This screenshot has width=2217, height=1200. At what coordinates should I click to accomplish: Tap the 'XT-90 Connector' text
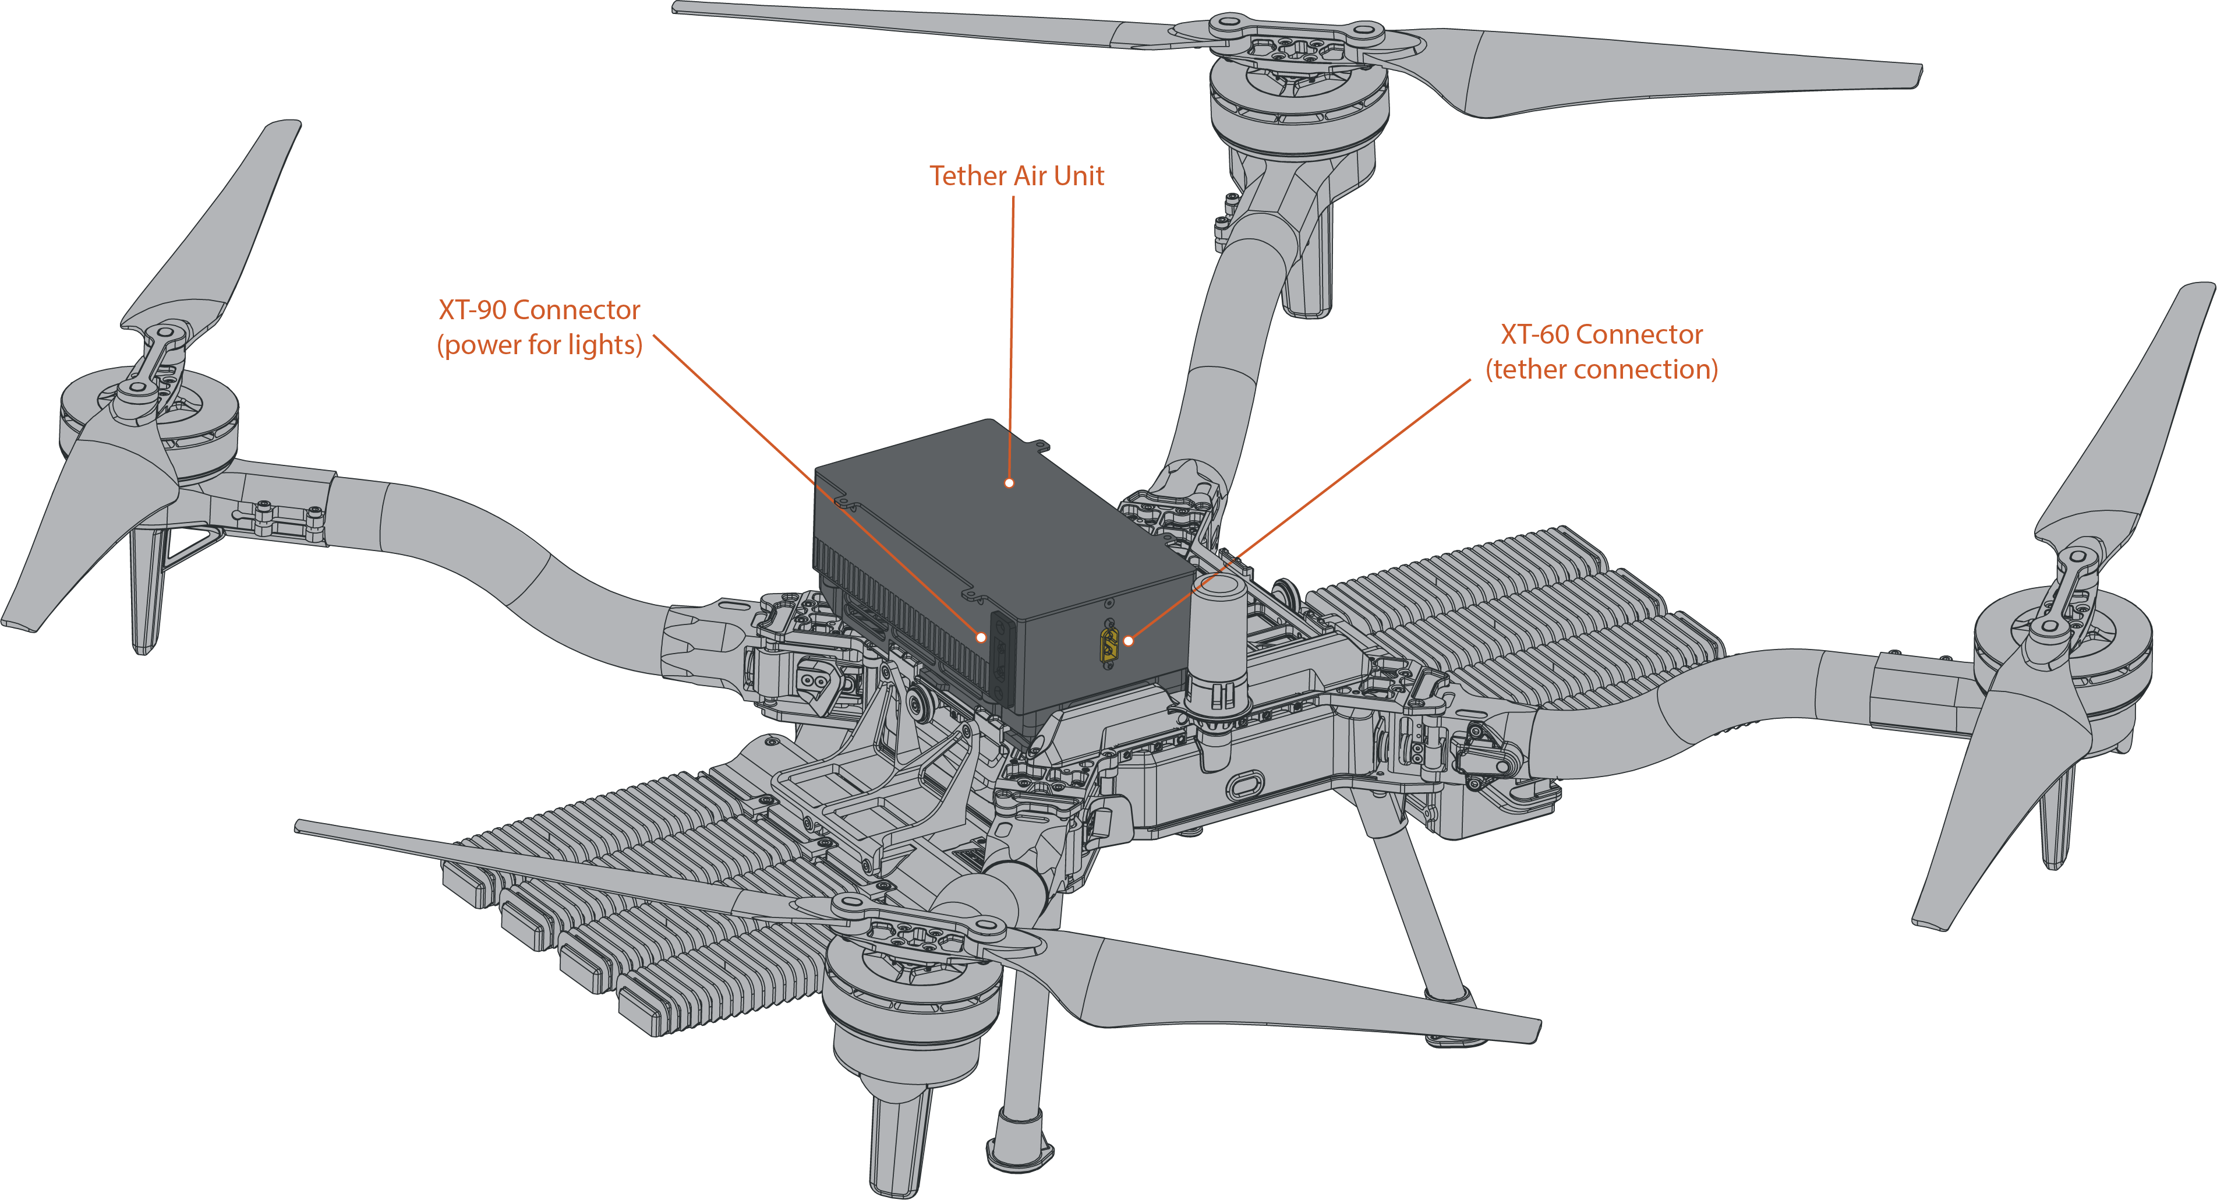539,310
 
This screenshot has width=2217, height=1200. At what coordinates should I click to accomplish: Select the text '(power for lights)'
540,345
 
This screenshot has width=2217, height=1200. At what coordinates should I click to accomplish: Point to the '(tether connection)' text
1601,369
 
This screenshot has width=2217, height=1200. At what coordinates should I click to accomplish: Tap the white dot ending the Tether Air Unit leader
1010,483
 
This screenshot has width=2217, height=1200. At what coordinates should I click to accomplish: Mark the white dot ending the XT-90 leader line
981,637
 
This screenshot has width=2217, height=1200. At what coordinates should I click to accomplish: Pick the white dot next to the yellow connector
1128,640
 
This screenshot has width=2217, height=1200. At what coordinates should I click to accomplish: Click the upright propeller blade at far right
2126,413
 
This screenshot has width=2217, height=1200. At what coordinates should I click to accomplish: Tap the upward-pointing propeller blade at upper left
215,224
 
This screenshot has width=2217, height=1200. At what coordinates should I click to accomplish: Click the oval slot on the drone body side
1244,785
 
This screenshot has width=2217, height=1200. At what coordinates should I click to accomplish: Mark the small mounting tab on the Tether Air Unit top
1041,446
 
